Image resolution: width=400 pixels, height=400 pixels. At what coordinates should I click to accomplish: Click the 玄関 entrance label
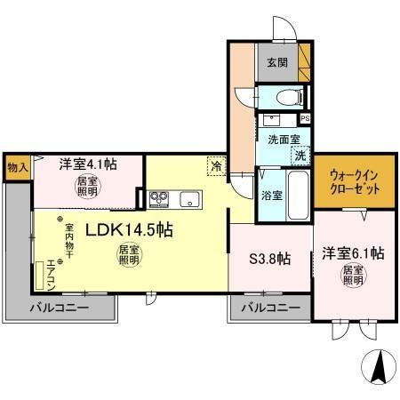click(276, 63)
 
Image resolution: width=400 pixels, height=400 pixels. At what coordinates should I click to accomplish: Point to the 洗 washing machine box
click(301, 156)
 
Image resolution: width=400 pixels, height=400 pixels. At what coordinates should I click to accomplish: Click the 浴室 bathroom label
click(271, 195)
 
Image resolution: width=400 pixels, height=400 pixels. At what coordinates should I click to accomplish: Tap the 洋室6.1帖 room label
click(352, 252)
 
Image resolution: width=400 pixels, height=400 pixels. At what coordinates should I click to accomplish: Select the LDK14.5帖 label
click(128, 229)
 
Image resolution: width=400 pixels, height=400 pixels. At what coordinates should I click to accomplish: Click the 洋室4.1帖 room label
click(86, 164)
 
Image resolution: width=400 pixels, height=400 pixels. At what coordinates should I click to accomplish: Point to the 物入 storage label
click(17, 166)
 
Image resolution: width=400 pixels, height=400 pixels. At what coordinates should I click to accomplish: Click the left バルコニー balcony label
click(60, 308)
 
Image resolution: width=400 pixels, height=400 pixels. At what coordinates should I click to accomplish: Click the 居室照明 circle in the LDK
click(130, 256)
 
